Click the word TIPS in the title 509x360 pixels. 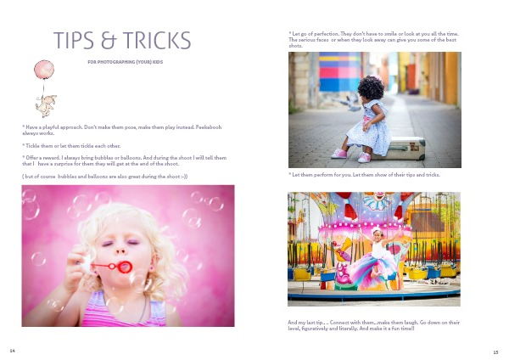click(74, 40)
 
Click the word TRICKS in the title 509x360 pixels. click(157, 40)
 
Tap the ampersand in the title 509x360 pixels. click(109, 40)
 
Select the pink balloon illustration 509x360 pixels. click(44, 70)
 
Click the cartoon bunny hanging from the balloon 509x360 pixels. click(46, 105)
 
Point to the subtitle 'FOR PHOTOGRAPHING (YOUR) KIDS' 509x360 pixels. click(126, 62)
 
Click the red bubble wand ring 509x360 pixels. click(125, 267)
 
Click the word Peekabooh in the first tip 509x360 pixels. click(209, 127)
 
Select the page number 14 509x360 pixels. click(13, 351)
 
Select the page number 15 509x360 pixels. click(495, 352)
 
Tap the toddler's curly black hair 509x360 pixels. click(371, 87)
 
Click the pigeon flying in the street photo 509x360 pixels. click(347, 101)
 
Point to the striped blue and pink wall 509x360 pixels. click(340, 71)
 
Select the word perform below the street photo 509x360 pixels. click(325, 175)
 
